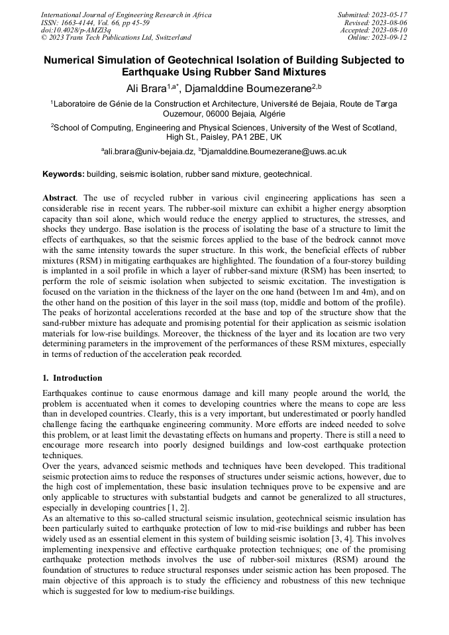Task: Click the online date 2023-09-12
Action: click(390, 38)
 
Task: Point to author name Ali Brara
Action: click(146, 88)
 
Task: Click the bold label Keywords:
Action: click(64, 175)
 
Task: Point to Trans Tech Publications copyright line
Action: click(116, 38)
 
